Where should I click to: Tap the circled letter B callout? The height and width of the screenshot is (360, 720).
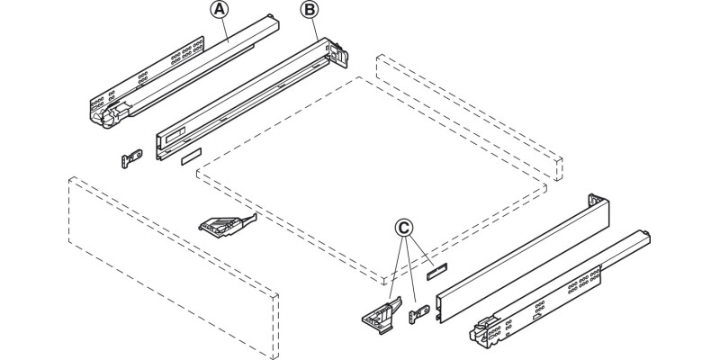pyautogui.click(x=309, y=11)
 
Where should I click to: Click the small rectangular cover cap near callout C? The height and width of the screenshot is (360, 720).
pyautogui.click(x=438, y=268)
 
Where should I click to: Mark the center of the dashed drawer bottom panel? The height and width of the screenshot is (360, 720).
pyautogui.click(x=369, y=175)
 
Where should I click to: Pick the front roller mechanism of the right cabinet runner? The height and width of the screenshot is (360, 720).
pyautogui.click(x=486, y=333)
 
